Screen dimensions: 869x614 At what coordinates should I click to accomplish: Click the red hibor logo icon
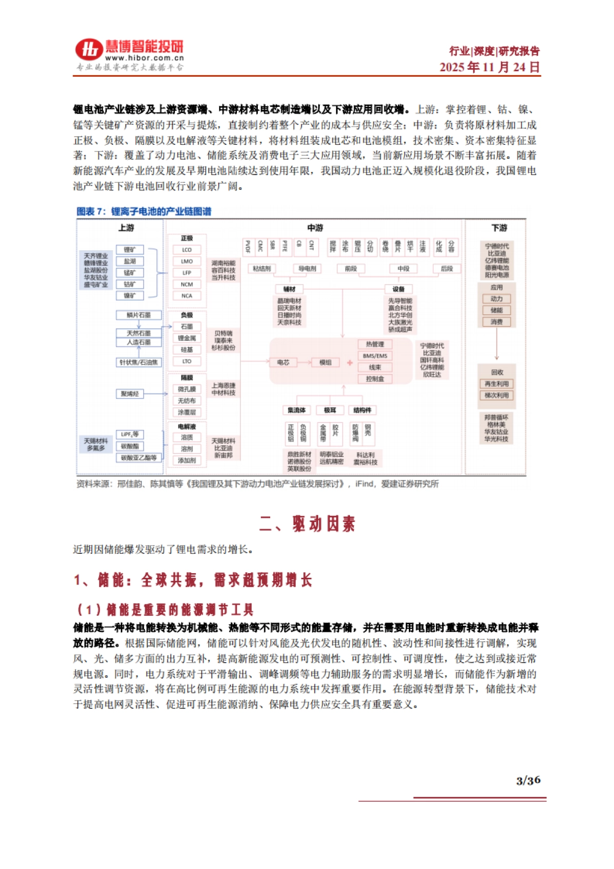pos(90,50)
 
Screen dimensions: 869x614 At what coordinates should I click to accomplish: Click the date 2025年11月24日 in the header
pos(489,67)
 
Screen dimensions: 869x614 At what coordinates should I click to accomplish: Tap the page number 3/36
pos(528,780)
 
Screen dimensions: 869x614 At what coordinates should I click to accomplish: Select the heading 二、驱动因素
pos(307,524)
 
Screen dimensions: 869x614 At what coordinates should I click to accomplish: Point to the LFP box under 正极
pos(187,273)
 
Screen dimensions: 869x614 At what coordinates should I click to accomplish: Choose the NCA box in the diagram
pos(187,296)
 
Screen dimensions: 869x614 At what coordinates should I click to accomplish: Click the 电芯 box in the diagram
pos(283,362)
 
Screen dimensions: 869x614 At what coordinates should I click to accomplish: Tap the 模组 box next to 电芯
pos(325,362)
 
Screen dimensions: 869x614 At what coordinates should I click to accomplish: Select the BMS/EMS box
pos(375,356)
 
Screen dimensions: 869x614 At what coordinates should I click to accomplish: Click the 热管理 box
pos(375,344)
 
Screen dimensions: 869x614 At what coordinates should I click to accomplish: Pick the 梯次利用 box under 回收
pos(496,396)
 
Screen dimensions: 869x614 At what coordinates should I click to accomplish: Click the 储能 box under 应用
pos(496,310)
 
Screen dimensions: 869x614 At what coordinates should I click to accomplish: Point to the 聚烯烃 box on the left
pos(130,394)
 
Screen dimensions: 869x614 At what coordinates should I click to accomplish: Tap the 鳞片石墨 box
pos(139,315)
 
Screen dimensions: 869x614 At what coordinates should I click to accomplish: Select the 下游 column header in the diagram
pos(499,228)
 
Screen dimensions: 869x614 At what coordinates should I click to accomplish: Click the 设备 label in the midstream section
pos(399,289)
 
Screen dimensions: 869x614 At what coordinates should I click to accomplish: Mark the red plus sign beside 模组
pos(350,363)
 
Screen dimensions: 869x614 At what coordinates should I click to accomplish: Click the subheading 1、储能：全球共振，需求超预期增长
pos(193,580)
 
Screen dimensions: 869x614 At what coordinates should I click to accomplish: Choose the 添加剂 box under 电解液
pos(187,461)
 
